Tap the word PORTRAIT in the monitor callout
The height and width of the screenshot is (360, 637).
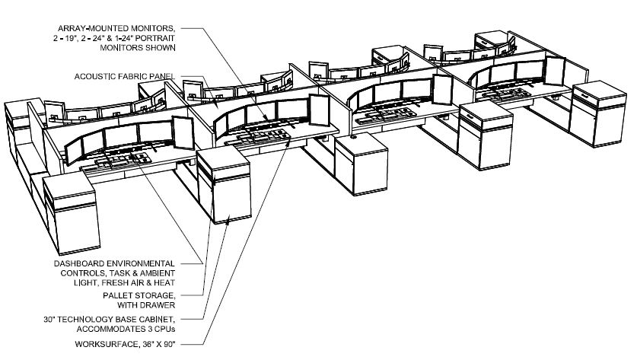click(157, 38)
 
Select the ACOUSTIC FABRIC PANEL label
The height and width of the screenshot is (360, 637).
click(125, 76)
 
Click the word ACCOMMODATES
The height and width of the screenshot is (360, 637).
click(110, 330)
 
